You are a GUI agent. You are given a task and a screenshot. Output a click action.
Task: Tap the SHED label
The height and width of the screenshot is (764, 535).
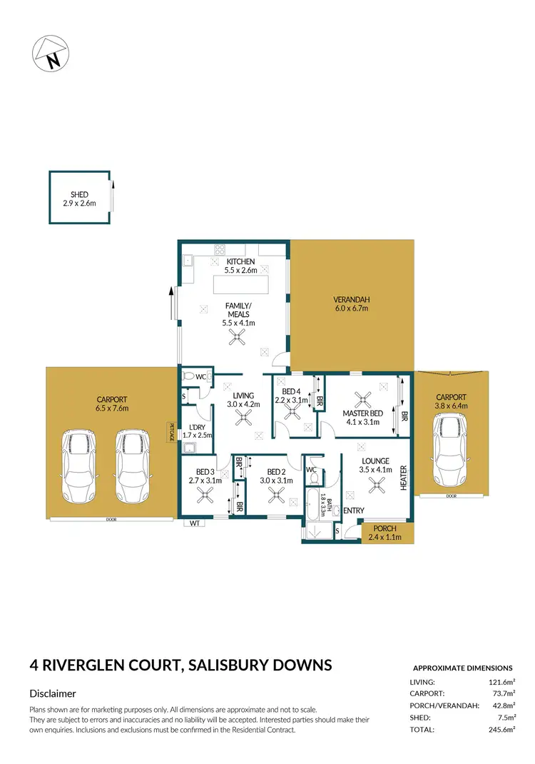pos(78,194)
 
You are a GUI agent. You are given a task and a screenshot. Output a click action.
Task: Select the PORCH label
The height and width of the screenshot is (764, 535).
pos(384,528)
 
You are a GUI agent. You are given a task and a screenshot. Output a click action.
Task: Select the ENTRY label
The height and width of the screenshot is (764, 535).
pos(353,511)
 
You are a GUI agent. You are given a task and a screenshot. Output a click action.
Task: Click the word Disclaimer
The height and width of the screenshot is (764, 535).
pos(53,693)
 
